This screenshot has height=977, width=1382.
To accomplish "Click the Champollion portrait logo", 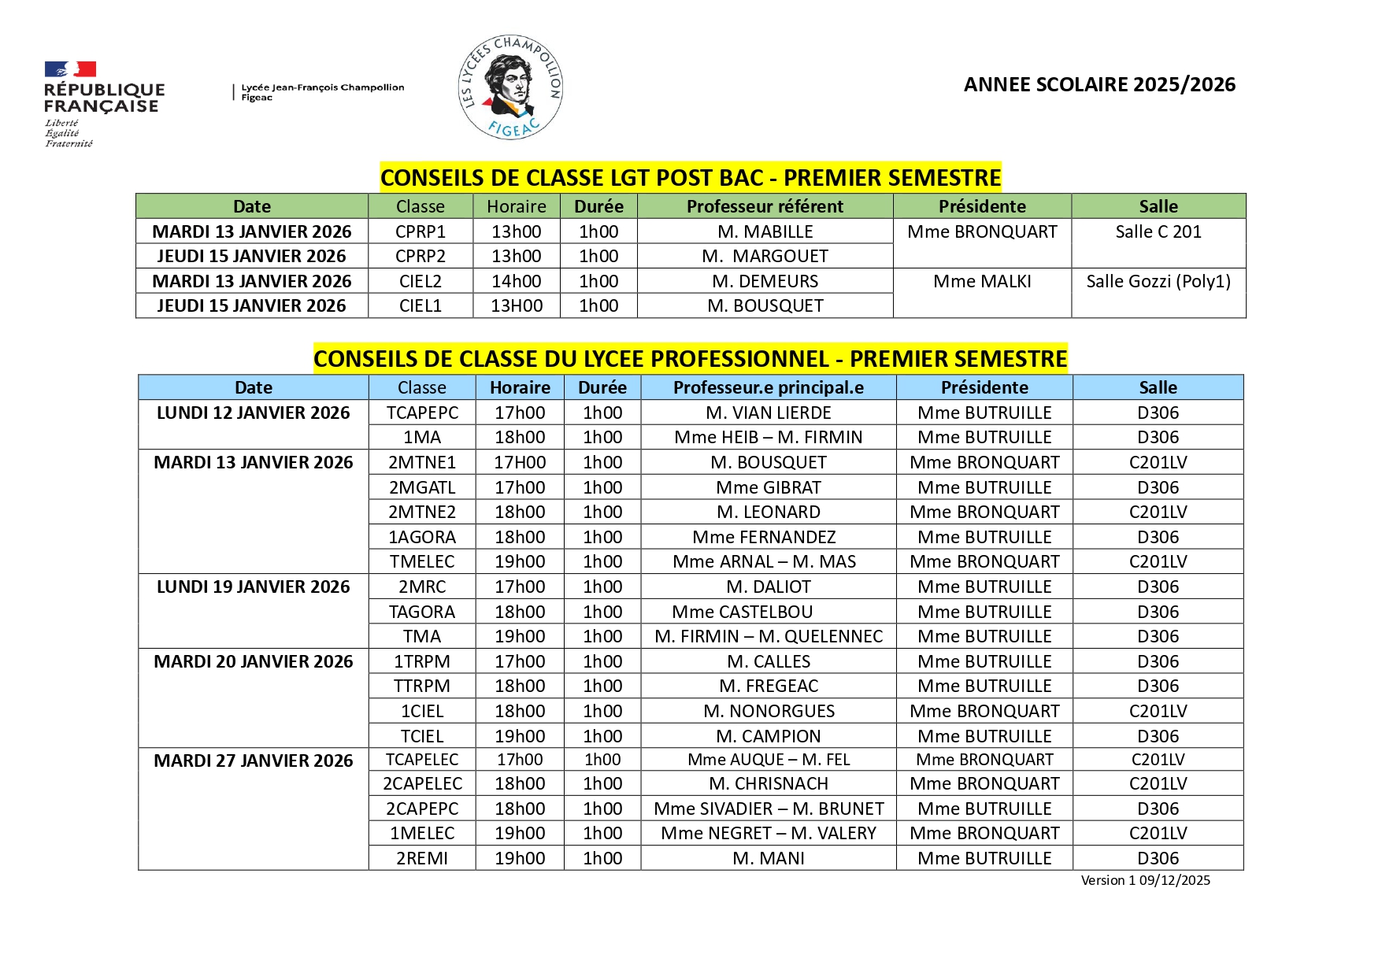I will click(510, 87).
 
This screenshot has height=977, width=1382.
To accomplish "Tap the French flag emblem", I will click(70, 69).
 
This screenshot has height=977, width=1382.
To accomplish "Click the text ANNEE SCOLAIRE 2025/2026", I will click(1099, 85).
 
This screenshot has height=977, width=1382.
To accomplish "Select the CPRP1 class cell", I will click(421, 231).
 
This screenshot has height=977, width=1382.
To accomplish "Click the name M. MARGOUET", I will click(765, 256).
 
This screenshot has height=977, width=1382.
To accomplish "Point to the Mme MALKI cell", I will click(982, 281).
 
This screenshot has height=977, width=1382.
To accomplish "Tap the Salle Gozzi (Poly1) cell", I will click(1158, 281).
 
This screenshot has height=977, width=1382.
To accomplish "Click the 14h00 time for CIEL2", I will click(516, 281).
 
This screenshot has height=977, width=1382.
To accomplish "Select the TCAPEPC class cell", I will click(422, 413).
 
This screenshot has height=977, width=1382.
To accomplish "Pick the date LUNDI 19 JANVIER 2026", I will click(253, 587).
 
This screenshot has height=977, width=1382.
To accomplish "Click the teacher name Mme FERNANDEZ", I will click(764, 537).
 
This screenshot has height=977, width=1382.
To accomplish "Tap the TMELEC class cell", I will click(422, 561).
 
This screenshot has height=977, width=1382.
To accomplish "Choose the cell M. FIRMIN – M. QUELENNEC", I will click(769, 636).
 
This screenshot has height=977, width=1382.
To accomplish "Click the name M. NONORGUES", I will click(769, 711).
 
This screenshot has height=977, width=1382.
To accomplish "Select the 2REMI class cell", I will click(422, 858).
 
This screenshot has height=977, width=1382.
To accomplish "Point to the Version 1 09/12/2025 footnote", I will click(1145, 880).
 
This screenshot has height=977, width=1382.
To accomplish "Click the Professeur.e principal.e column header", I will click(768, 387).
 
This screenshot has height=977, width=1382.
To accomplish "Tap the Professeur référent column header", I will click(765, 206).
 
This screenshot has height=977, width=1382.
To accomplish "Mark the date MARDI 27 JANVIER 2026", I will click(253, 761).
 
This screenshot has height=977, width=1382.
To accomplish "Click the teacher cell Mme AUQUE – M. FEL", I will click(769, 760).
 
